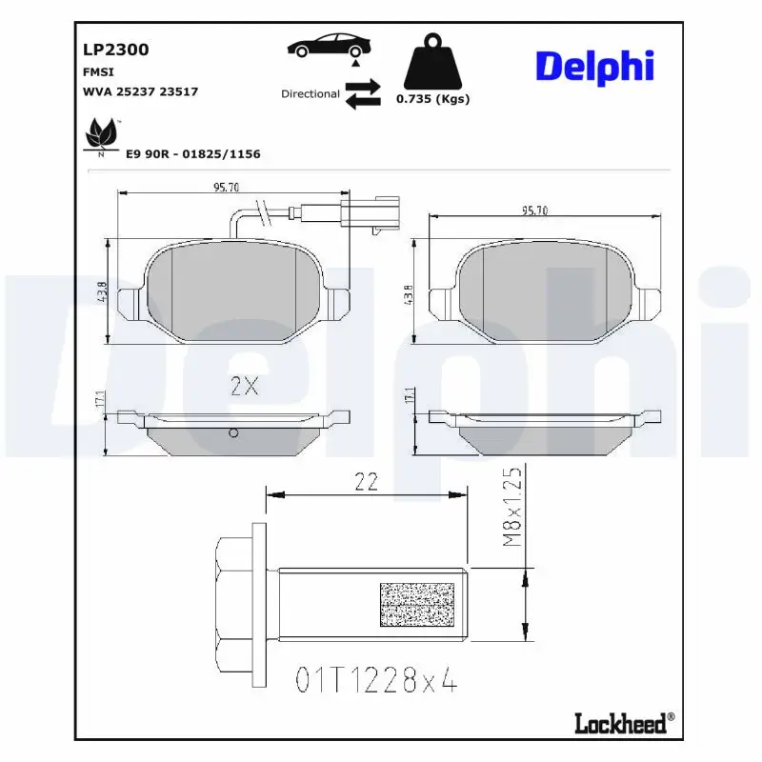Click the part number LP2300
(x=116, y=50)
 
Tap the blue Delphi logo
(x=594, y=67)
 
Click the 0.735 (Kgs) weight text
(x=432, y=99)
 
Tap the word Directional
(x=310, y=94)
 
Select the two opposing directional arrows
(x=363, y=94)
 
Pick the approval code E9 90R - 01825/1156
(x=193, y=153)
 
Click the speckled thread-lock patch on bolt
(x=417, y=605)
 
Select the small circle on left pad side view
(x=232, y=435)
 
